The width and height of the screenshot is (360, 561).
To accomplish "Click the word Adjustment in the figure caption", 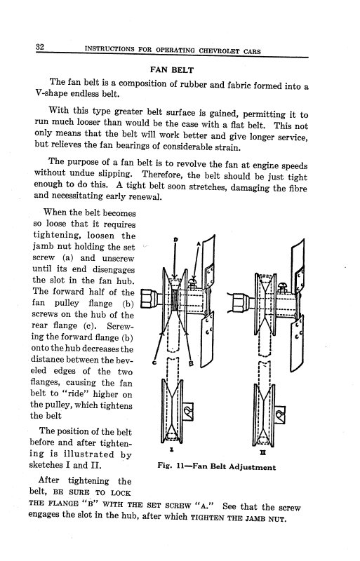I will coord(251,467).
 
